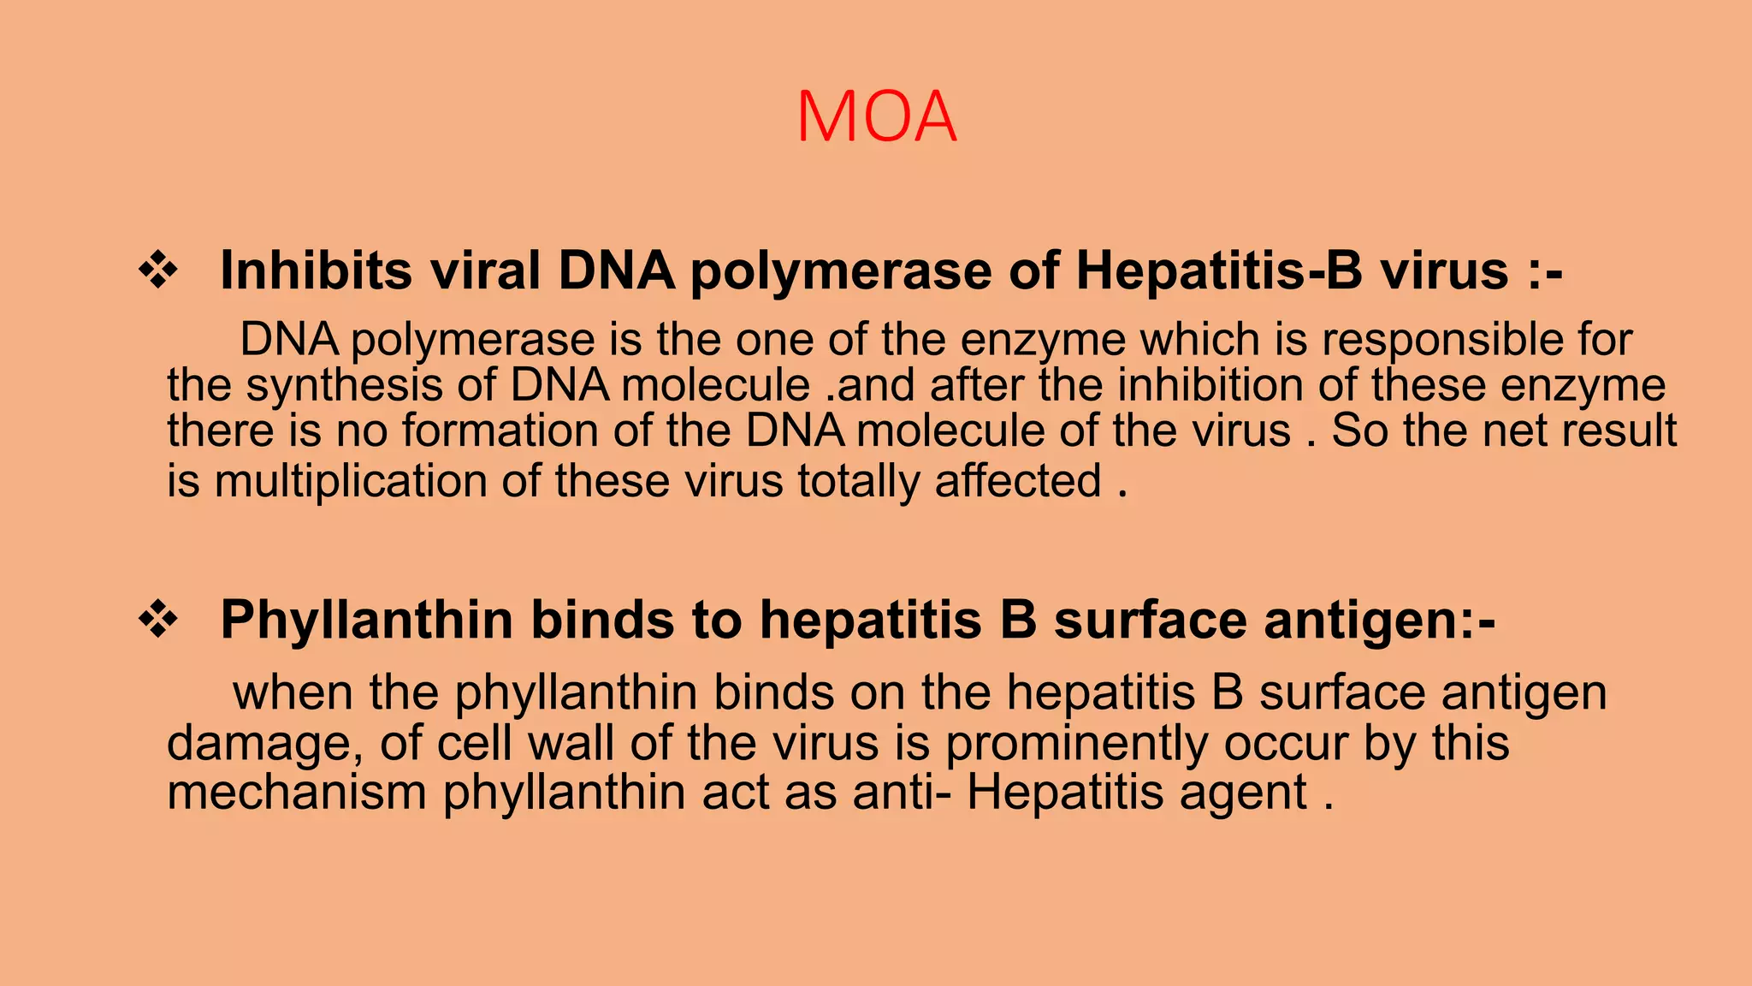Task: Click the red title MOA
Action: click(876, 117)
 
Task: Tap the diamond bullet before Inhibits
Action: click(158, 271)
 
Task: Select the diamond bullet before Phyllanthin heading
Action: click(158, 620)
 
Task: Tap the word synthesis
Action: click(344, 385)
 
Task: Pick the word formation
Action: click(500, 431)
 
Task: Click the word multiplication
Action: click(351, 482)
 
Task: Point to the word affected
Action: click(1017, 481)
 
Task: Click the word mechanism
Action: click(296, 793)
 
